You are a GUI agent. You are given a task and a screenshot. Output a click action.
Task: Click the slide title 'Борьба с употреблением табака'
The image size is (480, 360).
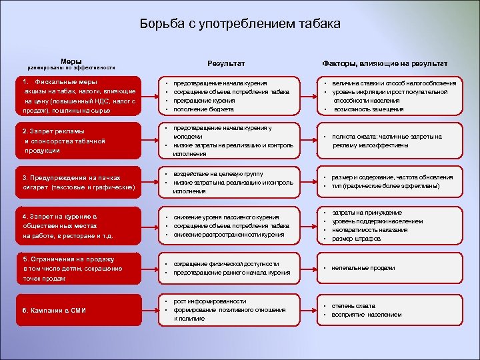240,24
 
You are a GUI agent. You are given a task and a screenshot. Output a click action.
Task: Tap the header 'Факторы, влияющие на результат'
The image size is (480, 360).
385,63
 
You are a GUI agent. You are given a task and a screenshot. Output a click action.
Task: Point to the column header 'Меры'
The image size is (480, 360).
71,61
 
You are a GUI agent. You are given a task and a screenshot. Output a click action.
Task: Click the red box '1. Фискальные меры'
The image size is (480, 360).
79,96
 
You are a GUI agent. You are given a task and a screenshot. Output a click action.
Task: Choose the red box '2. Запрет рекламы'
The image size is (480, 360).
79,141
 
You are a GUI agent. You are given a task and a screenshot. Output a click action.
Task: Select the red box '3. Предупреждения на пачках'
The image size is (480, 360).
79,183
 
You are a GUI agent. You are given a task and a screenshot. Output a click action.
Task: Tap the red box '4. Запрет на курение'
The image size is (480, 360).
79,226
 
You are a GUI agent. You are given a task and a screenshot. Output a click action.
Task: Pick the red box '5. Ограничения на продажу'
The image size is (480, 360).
79,268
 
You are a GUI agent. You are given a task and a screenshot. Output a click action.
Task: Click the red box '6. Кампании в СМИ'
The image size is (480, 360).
79,311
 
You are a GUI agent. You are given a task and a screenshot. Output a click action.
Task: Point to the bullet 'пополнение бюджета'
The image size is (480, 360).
203,109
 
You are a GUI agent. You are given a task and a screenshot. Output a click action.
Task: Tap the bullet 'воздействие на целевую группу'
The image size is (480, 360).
217,173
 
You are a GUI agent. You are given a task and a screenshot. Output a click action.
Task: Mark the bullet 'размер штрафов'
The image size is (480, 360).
357,239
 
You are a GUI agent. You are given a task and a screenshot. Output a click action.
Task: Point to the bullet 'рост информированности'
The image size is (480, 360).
209,301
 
